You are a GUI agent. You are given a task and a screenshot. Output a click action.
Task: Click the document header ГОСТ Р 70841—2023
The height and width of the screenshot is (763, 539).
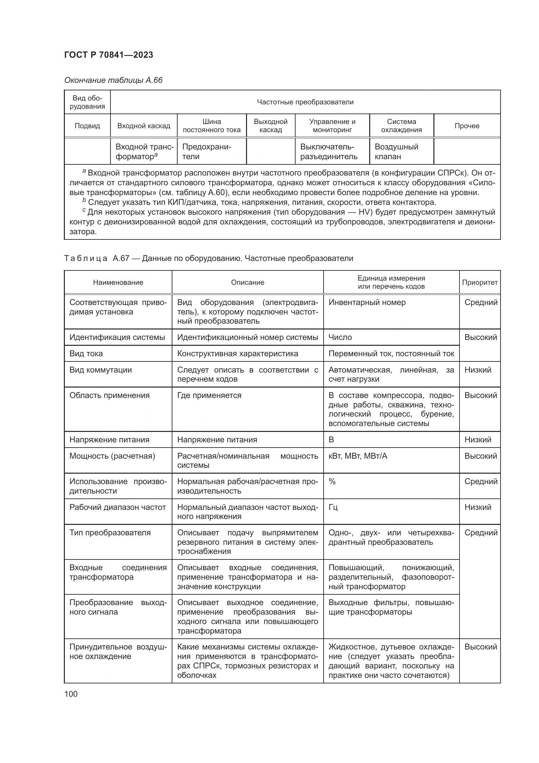pyautogui.click(x=109, y=55)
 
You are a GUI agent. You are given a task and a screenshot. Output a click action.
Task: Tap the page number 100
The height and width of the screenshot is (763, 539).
pyautogui.click(x=71, y=694)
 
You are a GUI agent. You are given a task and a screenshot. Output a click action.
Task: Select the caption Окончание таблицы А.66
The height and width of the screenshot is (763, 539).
pyautogui.click(x=113, y=80)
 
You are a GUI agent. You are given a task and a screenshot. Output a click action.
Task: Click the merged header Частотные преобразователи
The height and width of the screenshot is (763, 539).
pyautogui.click(x=305, y=102)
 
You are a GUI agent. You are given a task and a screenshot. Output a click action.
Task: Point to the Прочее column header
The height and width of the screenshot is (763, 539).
pyautogui.click(x=467, y=126)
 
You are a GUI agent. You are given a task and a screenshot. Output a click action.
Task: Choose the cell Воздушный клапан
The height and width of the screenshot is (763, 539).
pyautogui.click(x=396, y=152)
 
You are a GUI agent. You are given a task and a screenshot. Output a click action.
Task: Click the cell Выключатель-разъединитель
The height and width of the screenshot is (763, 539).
pyautogui.click(x=328, y=152)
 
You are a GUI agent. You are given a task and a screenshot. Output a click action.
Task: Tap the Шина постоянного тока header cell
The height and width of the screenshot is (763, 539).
pyautogui.click(x=211, y=126)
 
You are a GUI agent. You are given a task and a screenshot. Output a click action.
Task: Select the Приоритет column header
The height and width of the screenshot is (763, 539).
pyautogui.click(x=480, y=282)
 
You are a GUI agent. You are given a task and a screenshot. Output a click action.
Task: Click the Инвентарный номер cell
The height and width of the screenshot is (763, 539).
pyautogui.click(x=367, y=302)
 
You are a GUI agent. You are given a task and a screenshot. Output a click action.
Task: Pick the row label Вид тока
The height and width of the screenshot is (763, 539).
pyautogui.click(x=86, y=354)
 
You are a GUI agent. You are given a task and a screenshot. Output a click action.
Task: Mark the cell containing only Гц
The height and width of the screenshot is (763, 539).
pyautogui.click(x=333, y=507)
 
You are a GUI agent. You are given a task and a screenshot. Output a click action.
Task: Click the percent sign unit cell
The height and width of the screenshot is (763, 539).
pyautogui.click(x=332, y=481)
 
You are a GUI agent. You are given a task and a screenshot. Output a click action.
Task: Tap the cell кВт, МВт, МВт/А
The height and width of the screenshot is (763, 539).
pyautogui.click(x=357, y=456)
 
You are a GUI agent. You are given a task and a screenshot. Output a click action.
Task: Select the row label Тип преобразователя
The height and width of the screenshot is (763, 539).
pyautogui.click(x=110, y=533)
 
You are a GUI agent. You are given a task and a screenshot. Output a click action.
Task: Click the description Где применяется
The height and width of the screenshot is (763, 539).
pyautogui.click(x=209, y=395)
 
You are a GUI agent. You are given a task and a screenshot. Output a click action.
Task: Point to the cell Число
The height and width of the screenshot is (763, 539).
pyautogui.click(x=340, y=337)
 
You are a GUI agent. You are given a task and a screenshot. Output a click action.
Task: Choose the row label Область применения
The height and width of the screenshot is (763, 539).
pyautogui.click(x=109, y=395)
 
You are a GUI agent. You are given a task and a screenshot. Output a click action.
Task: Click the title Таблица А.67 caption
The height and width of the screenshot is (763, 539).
pyautogui.click(x=209, y=258)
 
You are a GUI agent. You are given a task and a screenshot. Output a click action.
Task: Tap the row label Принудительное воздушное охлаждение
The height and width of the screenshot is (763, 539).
pyautogui.click(x=118, y=651)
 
